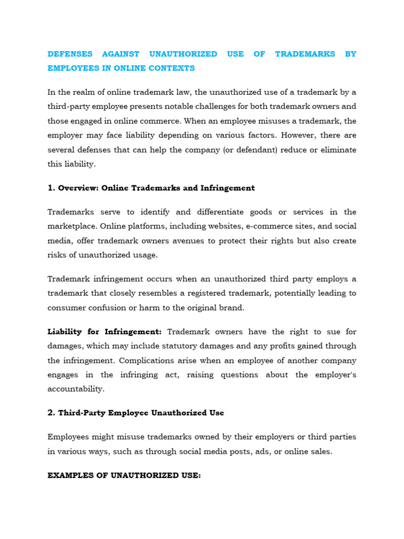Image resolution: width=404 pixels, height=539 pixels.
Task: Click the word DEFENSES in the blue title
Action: click(70, 54)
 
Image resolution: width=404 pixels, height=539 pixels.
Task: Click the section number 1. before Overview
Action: click(51, 188)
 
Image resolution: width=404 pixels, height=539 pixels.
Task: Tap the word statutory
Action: click(196, 346)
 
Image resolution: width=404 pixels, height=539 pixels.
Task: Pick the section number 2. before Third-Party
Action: click(51, 413)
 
